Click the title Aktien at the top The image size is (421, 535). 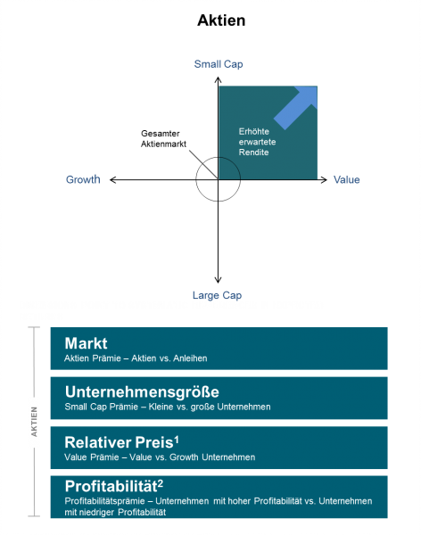[x=221, y=21]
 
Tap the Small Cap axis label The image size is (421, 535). [x=219, y=64]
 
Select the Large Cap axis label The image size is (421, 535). [x=217, y=295]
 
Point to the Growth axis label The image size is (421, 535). [x=83, y=179]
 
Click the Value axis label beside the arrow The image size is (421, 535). [x=347, y=180]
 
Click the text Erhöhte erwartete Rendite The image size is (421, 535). [x=257, y=142]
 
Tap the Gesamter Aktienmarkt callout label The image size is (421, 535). [x=163, y=138]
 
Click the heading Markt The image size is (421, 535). [x=86, y=343]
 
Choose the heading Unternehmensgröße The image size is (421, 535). [x=142, y=392]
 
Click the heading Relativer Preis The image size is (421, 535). [x=119, y=442]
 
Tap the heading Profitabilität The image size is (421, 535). [x=111, y=487]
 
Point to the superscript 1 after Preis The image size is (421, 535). [x=177, y=440]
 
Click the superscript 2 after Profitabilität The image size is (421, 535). [x=161, y=483]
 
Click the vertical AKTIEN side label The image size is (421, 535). [x=34, y=422]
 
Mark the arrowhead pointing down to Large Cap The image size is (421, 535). [x=218, y=280]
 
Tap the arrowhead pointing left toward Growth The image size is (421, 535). [x=113, y=180]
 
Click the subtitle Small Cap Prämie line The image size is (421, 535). [x=168, y=407]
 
